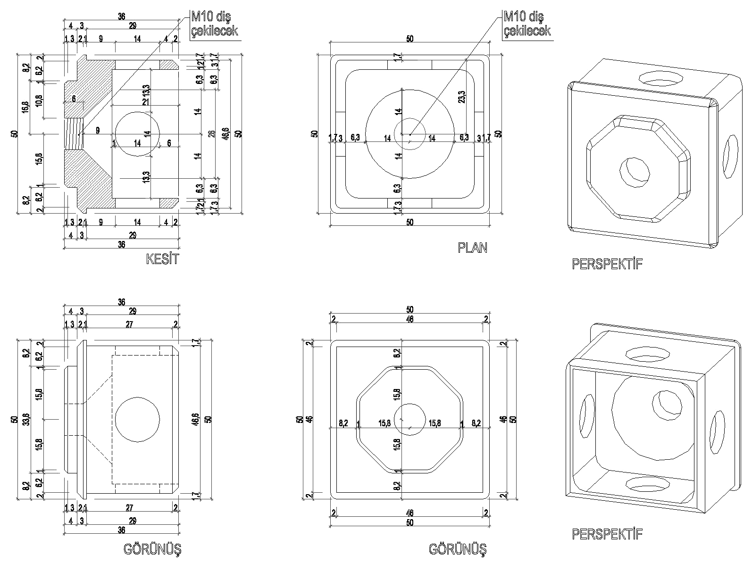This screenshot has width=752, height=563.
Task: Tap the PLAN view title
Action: click(472, 248)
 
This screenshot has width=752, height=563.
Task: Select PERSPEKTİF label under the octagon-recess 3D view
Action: click(607, 264)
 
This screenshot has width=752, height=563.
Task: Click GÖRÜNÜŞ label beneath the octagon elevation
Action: click(458, 549)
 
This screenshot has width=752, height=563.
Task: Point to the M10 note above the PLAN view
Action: click(526, 24)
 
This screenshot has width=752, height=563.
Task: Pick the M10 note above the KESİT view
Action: click(214, 24)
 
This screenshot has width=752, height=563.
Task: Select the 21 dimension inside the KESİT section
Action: click(146, 102)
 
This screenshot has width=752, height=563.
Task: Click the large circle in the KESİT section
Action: click(137, 134)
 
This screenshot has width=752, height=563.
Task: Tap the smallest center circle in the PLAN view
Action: click(410, 134)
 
